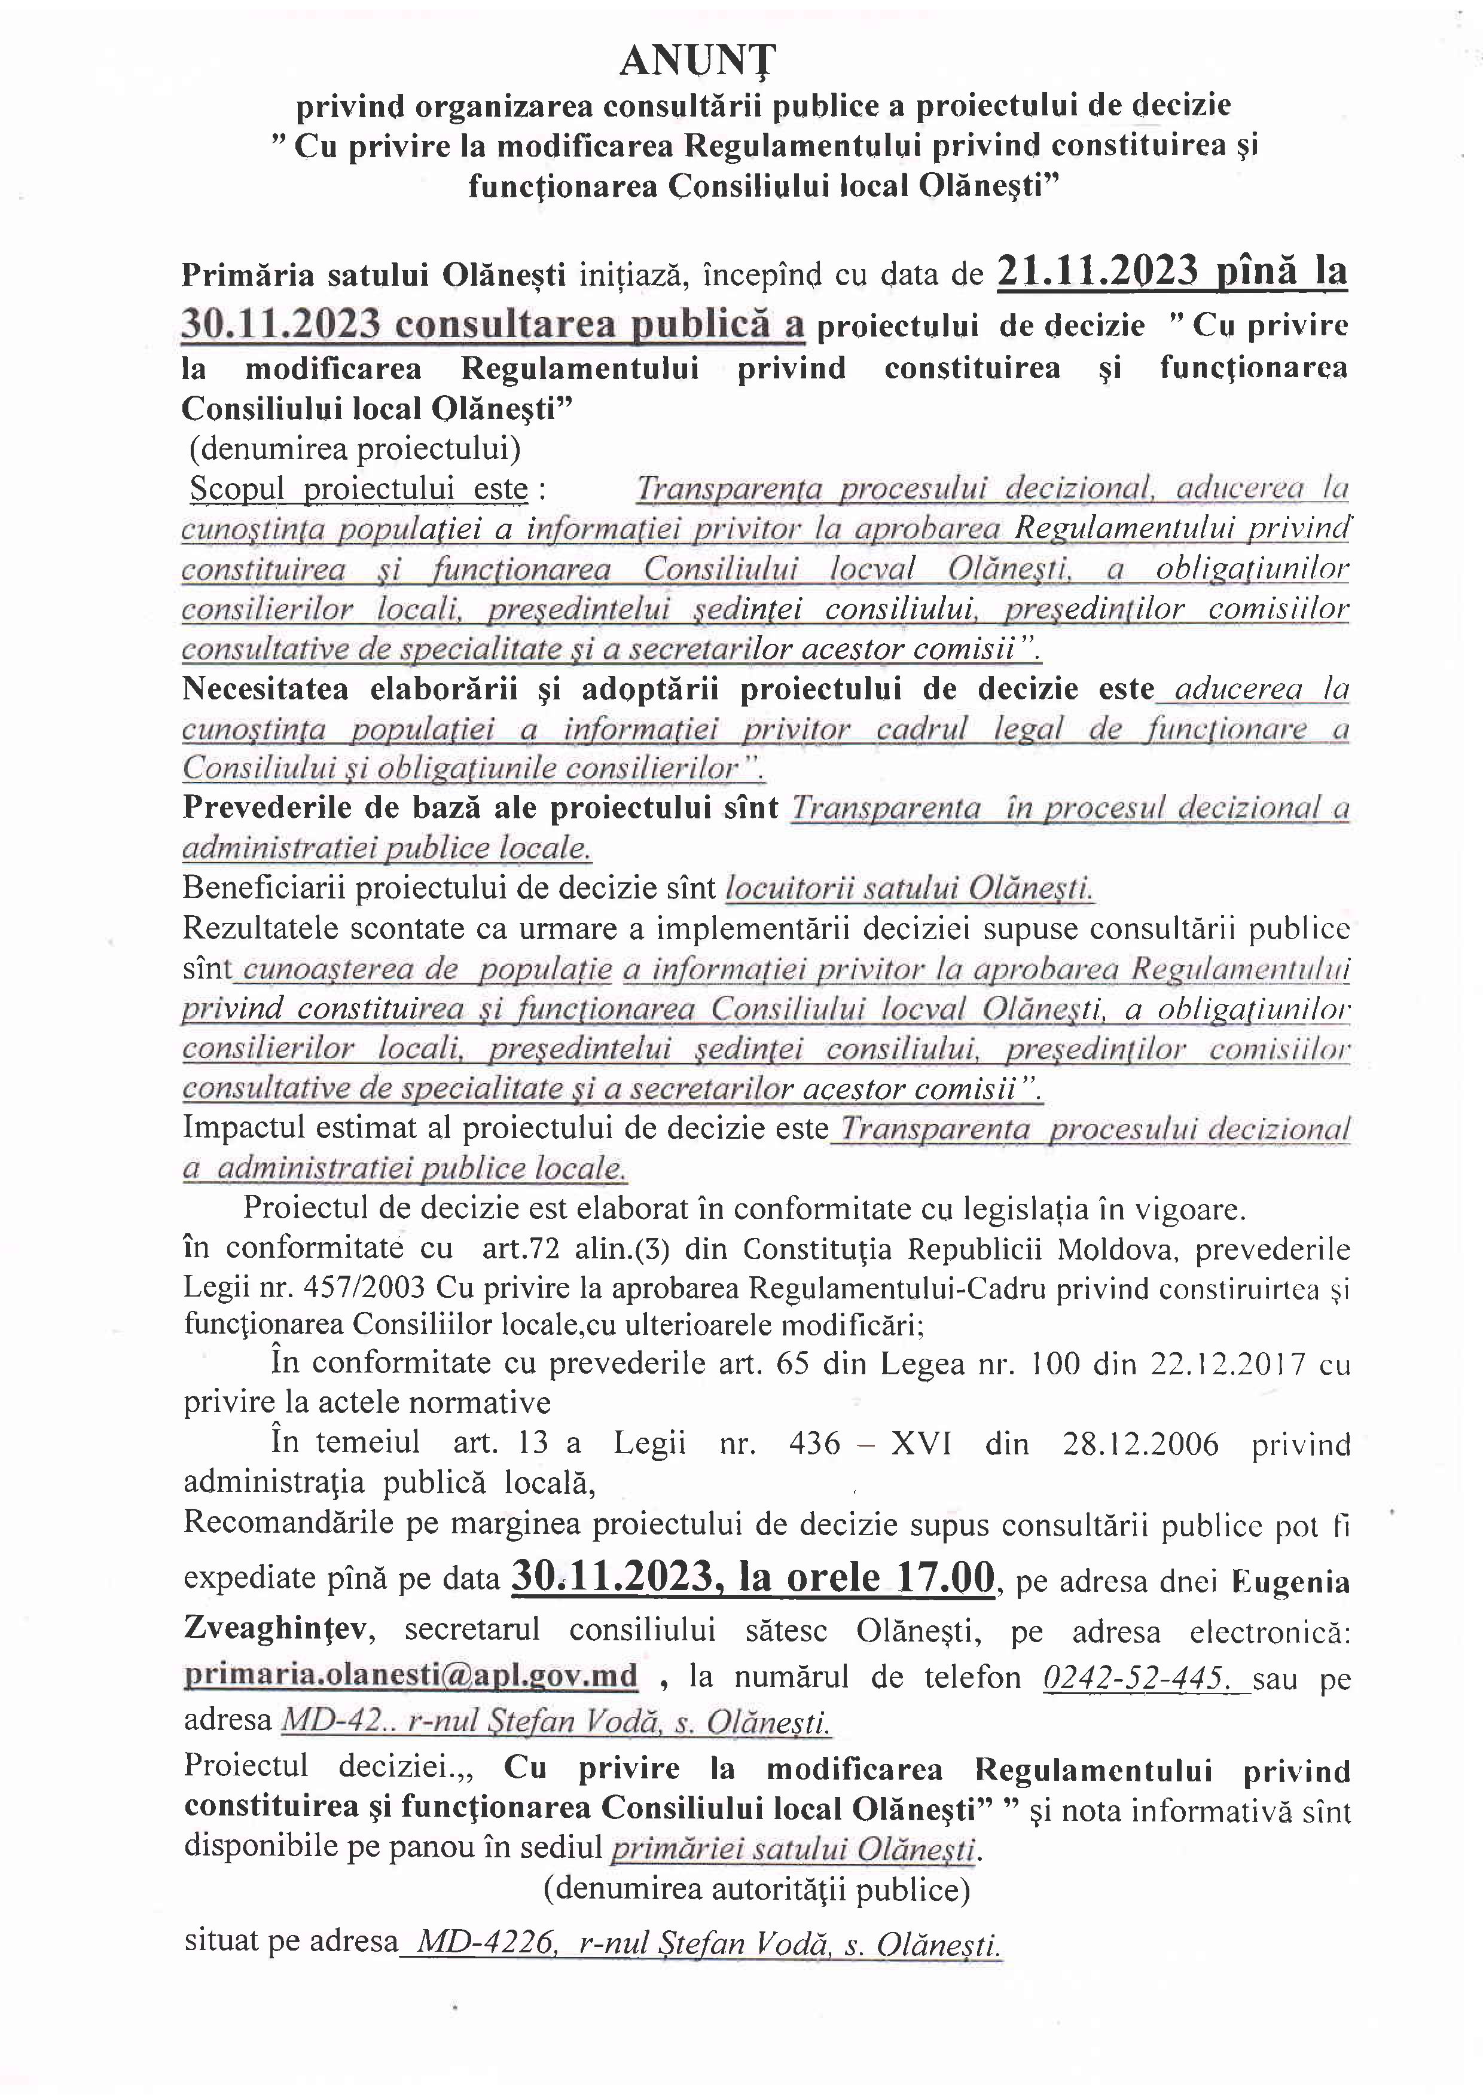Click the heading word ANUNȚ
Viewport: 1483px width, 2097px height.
coord(697,62)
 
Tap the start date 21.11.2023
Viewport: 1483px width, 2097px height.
coord(1097,271)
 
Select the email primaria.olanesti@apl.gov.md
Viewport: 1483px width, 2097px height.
coord(411,1676)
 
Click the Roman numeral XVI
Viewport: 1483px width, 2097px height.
coord(921,1444)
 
